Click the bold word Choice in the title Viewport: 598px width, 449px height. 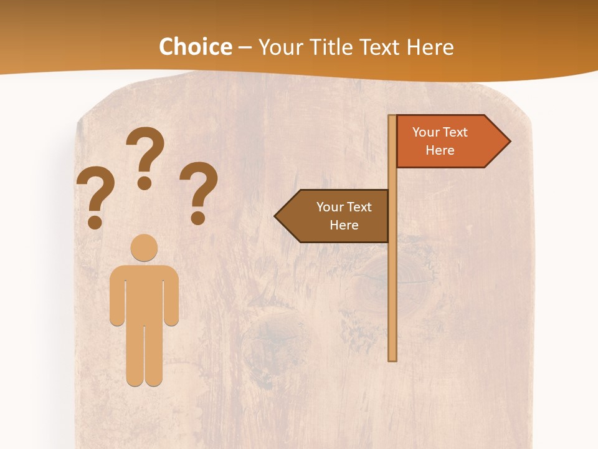195,47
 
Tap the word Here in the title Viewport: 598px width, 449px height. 430,47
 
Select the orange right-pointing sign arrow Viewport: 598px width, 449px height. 448,142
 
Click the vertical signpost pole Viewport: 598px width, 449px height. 392,281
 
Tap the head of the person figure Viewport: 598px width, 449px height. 144,248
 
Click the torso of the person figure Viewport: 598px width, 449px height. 144,293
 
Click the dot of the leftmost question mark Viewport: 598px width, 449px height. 95,222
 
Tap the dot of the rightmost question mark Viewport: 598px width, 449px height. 198,218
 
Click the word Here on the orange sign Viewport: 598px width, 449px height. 440,150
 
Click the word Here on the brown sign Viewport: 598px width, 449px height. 344,225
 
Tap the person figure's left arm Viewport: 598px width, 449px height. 116,296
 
